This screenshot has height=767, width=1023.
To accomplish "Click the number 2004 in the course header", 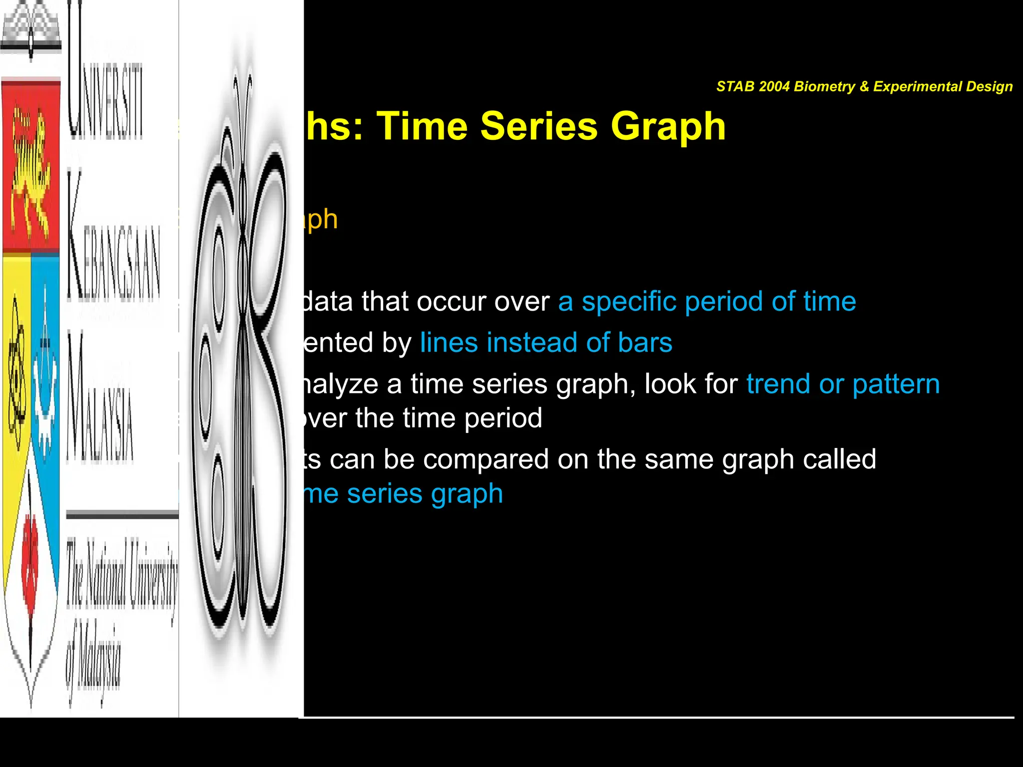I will click(774, 86).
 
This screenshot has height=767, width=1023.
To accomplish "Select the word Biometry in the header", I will click(824, 86).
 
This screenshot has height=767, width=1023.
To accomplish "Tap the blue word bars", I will click(645, 343).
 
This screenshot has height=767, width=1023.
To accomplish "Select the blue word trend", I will click(778, 384).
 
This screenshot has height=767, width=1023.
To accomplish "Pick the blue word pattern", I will click(896, 385).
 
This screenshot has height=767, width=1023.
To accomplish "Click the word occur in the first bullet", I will click(454, 302).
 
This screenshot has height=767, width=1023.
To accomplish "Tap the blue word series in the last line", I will click(385, 494).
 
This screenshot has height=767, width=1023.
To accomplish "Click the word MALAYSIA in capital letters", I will click(100, 399).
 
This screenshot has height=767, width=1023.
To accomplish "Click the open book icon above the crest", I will click(31, 30).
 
